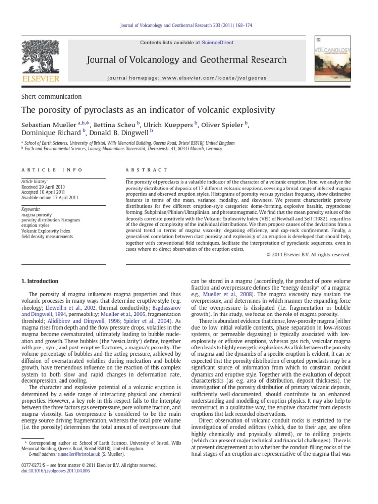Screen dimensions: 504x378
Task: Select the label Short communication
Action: [x=52, y=97]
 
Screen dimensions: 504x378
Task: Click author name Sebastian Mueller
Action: [x=49, y=124]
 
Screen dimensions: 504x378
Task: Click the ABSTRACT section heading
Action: [x=147, y=170]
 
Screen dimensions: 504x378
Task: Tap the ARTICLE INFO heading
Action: [x=46, y=170]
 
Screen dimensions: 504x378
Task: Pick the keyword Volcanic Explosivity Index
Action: [x=46, y=230]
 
